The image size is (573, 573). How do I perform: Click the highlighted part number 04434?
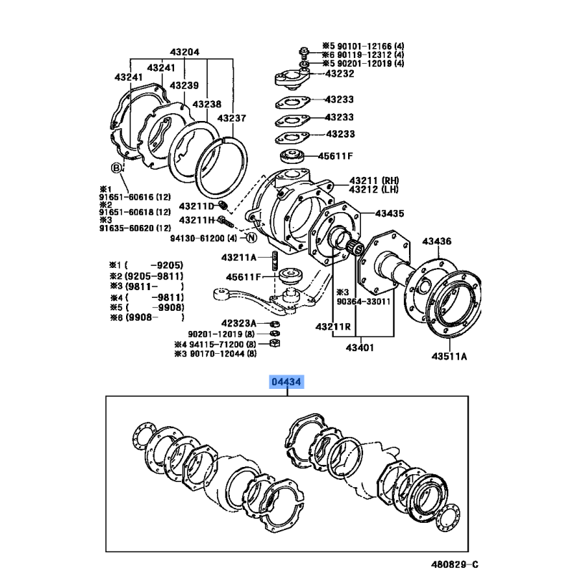286,382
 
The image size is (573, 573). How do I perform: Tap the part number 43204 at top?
185,52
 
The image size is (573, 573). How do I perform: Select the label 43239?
184,85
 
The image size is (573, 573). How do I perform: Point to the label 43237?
231,118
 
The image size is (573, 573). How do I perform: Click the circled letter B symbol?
116,168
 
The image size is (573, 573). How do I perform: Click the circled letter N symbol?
251,238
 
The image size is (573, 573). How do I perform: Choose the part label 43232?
340,74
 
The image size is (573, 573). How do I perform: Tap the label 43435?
390,213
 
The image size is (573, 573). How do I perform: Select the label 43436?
437,241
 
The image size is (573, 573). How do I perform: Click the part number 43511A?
449,356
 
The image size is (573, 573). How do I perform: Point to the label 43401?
360,347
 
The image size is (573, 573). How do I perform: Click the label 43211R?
333,327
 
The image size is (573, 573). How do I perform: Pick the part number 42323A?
239,324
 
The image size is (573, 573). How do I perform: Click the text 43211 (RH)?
374,180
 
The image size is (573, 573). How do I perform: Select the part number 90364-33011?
363,302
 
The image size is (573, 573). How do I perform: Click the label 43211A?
239,258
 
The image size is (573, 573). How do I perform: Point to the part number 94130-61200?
198,239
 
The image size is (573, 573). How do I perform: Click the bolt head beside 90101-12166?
304,50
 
